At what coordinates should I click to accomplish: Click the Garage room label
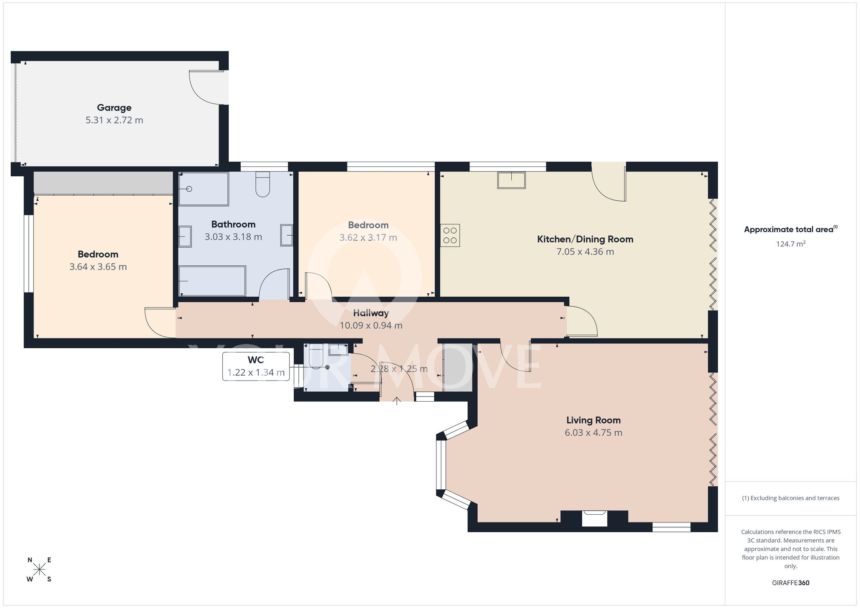click(x=114, y=108)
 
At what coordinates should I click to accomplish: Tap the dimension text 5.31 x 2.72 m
click(x=114, y=120)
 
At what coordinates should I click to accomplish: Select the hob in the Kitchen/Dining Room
click(x=450, y=235)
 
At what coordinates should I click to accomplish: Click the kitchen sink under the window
click(x=511, y=180)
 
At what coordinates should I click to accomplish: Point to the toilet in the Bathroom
click(x=262, y=184)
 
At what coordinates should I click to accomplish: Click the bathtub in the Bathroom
click(x=212, y=281)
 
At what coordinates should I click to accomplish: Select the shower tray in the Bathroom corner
click(x=203, y=189)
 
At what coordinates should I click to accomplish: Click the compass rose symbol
click(x=39, y=570)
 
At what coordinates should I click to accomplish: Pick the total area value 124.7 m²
click(x=790, y=244)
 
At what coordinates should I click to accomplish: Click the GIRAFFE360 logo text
click(x=790, y=583)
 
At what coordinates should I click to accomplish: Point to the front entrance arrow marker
click(x=396, y=401)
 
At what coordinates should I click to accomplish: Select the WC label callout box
click(x=256, y=366)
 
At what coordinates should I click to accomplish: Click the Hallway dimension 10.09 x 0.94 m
click(x=371, y=325)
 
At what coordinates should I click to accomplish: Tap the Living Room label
click(x=593, y=420)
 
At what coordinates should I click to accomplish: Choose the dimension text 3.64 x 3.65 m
click(x=98, y=267)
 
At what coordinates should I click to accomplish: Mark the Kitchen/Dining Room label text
click(x=585, y=239)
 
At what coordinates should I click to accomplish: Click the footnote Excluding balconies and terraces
click(x=790, y=498)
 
